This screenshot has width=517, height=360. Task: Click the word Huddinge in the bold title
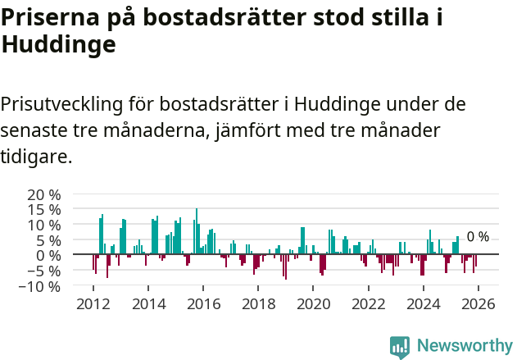tap(58, 46)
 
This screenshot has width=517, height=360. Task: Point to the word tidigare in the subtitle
tap(36, 156)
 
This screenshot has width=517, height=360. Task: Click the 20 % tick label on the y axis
tap(44, 195)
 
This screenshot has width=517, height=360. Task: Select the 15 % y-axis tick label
tap(44, 210)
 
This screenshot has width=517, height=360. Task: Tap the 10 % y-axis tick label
tap(44, 226)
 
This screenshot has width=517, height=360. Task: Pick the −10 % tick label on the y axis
tap(39, 286)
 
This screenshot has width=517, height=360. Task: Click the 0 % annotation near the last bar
tap(478, 237)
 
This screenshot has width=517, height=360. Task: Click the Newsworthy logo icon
tap(400, 346)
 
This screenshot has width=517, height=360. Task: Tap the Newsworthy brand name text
tap(464, 346)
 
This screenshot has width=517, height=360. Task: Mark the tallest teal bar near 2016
tap(197, 231)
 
